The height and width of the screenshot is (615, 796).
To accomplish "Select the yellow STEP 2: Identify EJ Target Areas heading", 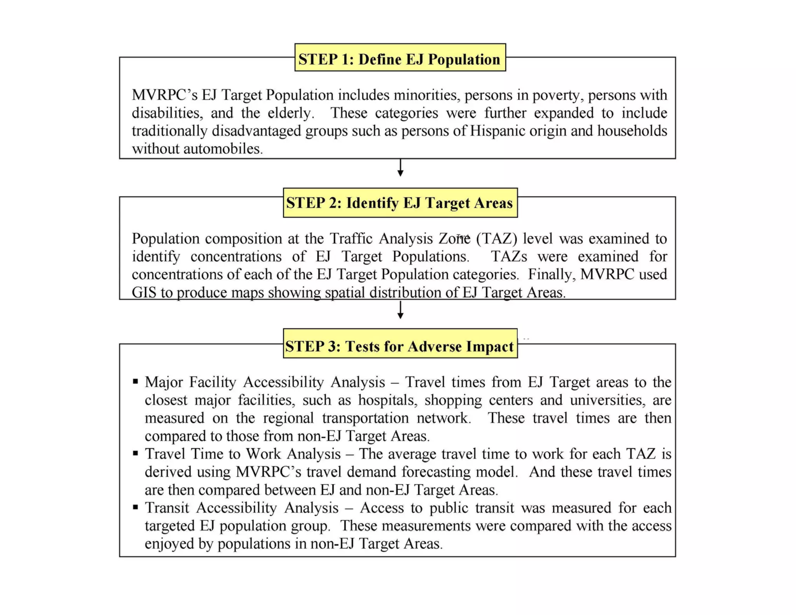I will click(x=400, y=203).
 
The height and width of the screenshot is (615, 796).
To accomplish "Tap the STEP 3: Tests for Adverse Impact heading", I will click(x=400, y=346).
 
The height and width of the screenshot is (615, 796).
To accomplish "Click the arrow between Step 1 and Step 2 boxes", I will click(x=400, y=168).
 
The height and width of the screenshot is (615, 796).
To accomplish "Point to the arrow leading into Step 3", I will click(x=400, y=311).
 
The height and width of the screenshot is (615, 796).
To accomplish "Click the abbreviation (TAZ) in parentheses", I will click(x=496, y=239).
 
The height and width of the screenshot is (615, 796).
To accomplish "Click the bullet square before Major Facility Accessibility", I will click(x=135, y=381).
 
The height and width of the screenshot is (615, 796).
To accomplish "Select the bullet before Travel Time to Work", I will click(x=135, y=453).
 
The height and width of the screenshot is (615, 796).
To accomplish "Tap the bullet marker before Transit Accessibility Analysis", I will click(x=135, y=507).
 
